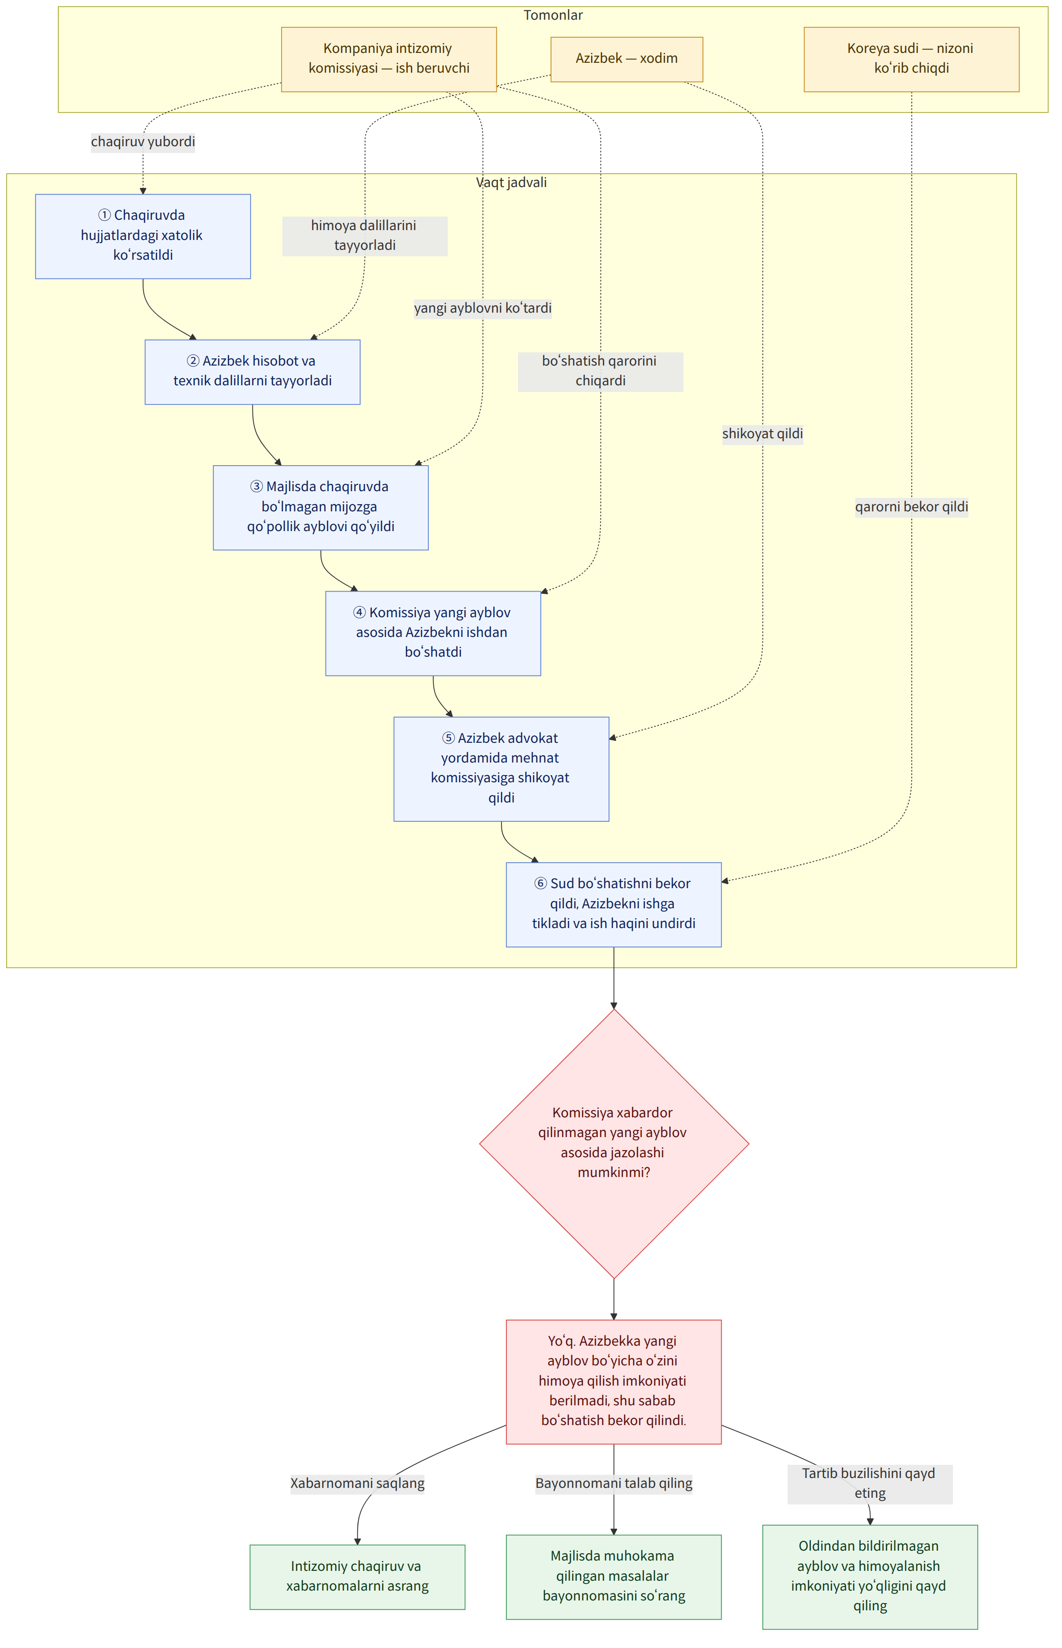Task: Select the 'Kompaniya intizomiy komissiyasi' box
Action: click(389, 59)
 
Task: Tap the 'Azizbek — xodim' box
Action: click(627, 59)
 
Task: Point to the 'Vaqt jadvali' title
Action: click(511, 183)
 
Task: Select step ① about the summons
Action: click(143, 236)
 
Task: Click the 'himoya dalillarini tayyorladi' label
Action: click(365, 236)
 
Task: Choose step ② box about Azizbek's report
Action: click(252, 372)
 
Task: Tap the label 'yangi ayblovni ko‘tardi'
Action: click(483, 308)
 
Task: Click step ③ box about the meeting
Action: click(321, 507)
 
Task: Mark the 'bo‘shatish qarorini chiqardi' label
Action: click(601, 372)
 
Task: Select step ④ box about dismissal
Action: click(433, 633)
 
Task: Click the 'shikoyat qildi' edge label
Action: click(763, 434)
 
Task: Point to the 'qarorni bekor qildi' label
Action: click(912, 507)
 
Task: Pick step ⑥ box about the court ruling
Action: click(614, 904)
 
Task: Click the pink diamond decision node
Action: click(614, 1143)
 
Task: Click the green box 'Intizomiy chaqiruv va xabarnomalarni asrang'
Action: click(357, 1576)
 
